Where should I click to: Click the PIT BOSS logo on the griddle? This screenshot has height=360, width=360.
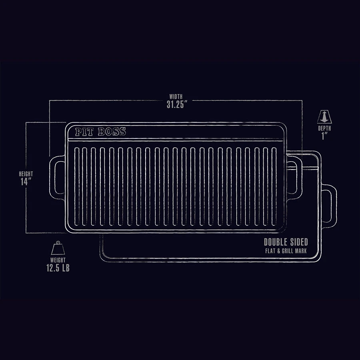point(100,132)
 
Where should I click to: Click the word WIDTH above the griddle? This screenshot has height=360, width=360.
point(176,96)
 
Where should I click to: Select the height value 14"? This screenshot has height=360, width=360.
point(26,182)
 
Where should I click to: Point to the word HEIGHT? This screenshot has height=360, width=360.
point(26,174)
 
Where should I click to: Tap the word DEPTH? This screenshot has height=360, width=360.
point(324,129)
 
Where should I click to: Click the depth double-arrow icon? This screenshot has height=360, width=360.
point(324,117)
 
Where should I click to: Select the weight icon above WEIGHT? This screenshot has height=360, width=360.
point(58,248)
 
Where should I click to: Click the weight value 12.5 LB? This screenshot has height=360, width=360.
point(58,268)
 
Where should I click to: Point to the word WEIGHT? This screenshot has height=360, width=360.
point(58,260)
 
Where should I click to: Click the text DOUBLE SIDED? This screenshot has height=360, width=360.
point(286,242)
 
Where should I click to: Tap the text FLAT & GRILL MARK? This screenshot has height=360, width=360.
point(286,251)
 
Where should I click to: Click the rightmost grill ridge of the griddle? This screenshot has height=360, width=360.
point(274,186)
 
